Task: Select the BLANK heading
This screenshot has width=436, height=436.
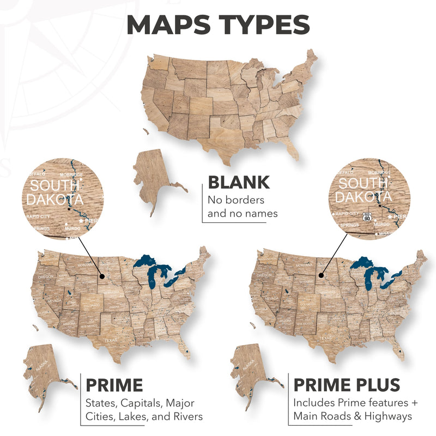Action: click(x=239, y=182)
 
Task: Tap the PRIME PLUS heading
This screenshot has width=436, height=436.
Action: click(x=347, y=385)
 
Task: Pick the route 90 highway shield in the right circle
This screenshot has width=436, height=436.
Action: click(x=367, y=216)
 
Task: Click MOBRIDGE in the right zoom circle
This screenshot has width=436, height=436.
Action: click(x=379, y=173)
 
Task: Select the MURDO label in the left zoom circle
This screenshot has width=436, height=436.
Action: click(x=72, y=228)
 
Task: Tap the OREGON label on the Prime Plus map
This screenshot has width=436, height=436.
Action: click(x=264, y=276)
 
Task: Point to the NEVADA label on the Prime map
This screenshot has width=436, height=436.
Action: click(x=53, y=300)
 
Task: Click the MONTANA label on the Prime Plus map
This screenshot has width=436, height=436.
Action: click(x=304, y=265)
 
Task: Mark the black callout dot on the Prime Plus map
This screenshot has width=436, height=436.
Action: click(x=321, y=276)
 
